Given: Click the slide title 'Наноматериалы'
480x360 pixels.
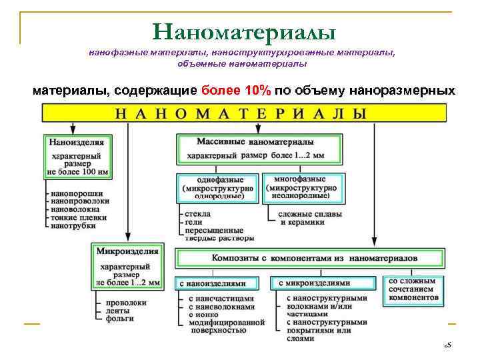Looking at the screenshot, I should click(243, 31).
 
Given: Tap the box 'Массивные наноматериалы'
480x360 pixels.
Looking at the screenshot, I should click(255, 149).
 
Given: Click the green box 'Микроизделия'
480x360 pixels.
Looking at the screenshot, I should click(127, 265).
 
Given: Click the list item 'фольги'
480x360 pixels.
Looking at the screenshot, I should click(121, 318).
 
